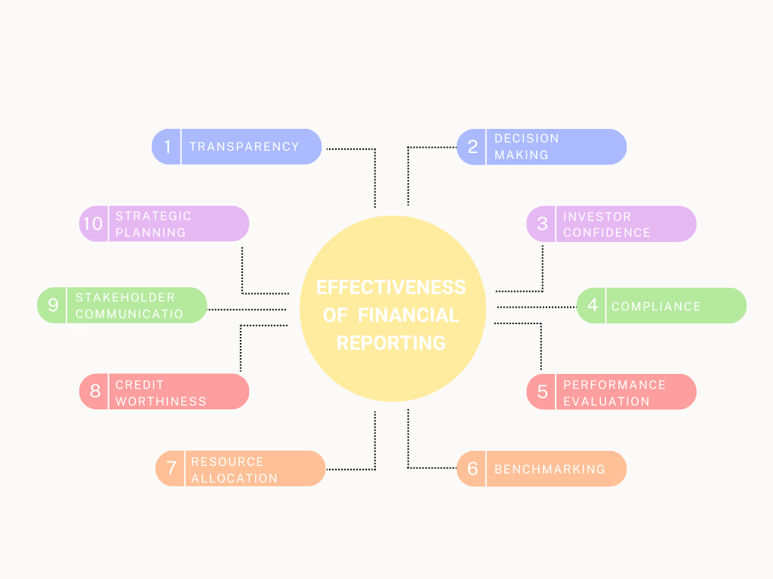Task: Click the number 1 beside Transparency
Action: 168,147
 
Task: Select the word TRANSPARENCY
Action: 244,147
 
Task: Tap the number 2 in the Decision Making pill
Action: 473,147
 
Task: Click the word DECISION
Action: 526,139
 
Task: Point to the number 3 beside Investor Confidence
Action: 542,224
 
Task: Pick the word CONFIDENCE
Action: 606,232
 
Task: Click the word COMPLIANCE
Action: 656,306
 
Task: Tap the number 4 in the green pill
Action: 593,305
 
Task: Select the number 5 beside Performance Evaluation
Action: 542,392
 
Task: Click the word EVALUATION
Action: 606,401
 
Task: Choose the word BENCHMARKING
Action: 550,469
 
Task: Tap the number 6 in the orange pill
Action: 473,469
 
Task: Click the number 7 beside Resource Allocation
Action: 171,468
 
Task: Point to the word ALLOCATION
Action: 234,478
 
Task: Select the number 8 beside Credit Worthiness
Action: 95,392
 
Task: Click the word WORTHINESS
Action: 161,401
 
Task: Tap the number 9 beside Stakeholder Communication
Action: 53,305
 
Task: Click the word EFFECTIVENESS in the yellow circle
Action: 390,287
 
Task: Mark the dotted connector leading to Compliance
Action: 537,307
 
